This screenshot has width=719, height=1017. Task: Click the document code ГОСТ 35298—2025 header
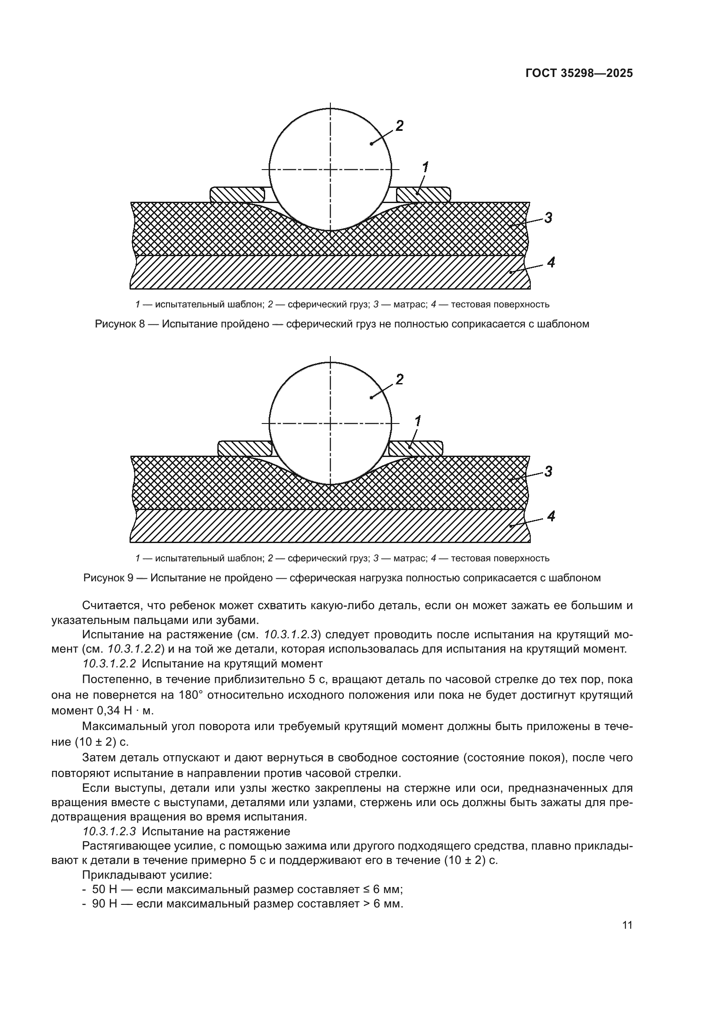coord(579,73)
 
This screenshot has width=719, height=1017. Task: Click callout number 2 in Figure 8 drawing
coord(399,126)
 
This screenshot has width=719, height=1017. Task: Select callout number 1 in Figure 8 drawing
coord(425,167)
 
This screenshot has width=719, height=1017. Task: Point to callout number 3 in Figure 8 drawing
coord(548,217)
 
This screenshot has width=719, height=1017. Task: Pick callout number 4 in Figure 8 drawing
coord(551,262)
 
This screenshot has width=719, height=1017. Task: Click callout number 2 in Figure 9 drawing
coord(399,379)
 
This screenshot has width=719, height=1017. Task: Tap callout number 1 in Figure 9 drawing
coord(417,421)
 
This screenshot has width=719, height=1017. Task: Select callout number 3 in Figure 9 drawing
coord(548,471)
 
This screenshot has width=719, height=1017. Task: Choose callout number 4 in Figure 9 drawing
coord(551,516)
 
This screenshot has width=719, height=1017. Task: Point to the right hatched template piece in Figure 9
coord(415,449)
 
